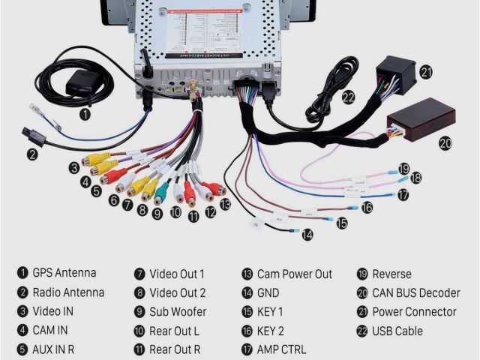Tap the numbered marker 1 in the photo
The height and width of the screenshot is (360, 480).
85,115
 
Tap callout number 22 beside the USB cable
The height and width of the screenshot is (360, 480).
348,96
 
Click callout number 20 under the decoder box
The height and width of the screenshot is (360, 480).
445,142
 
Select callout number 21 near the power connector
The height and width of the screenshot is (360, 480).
427,72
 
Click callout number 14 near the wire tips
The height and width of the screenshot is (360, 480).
307,234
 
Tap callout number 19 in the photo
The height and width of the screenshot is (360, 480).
403,168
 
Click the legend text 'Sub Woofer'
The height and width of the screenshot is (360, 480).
178,312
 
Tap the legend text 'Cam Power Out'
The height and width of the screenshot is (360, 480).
294,274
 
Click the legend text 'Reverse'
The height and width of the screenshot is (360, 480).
391,274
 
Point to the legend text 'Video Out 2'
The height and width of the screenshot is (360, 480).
178,292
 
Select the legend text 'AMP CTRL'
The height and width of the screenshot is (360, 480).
281,349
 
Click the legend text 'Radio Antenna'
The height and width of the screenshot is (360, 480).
68,292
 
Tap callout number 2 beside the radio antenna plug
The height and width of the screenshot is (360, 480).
32,155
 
